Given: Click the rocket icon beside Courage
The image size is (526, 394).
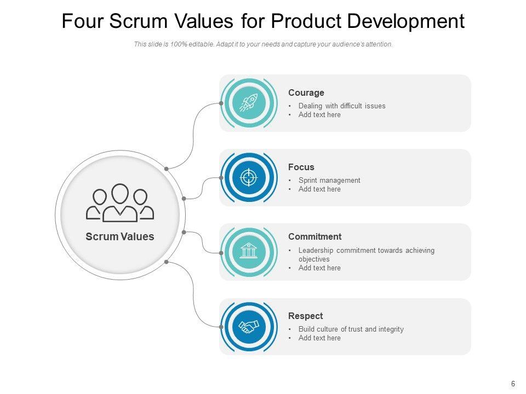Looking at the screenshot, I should (249, 103).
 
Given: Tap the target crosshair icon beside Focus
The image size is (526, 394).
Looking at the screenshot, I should (249, 177).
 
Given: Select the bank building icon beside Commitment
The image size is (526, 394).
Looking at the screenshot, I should (249, 252).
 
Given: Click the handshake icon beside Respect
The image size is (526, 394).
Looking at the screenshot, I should (249, 327).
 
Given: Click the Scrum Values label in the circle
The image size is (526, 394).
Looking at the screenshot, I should (120, 237).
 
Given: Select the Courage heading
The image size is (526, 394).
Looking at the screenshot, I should (306, 93).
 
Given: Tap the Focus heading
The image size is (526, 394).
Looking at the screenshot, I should (301, 167).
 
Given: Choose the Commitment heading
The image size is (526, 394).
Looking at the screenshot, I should (315, 237).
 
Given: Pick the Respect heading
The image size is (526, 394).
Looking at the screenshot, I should (305, 316).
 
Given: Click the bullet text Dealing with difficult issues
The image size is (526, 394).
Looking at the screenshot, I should (342, 106).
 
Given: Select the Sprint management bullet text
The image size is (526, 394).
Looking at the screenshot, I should (329, 181).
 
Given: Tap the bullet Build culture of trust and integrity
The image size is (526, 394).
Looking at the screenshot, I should (351, 329).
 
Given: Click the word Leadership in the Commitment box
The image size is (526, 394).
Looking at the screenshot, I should (316, 251).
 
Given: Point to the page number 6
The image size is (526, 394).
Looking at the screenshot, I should (513, 384).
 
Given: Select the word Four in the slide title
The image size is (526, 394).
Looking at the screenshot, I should (83, 21).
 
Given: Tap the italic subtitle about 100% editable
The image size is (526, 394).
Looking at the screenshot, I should (263, 45).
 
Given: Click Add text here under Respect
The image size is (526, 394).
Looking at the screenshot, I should (319, 338).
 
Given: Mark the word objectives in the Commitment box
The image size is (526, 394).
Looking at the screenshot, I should (314, 259).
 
